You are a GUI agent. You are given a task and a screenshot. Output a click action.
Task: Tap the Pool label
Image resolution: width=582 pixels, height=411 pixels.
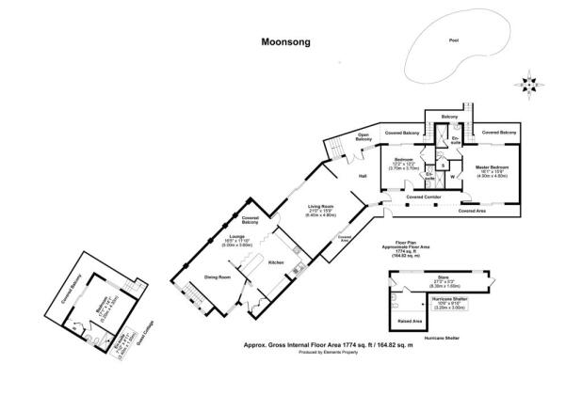tap(455, 40)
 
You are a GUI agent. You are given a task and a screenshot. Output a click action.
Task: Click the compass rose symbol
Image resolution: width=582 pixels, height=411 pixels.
tap(532, 84)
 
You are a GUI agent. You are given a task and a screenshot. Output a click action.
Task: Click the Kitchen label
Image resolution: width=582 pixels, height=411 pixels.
tap(277, 261)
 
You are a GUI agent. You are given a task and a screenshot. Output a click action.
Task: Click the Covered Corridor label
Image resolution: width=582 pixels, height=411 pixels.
tap(426, 197)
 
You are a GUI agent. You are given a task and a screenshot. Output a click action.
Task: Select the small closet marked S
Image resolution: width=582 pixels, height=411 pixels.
tap(443, 166)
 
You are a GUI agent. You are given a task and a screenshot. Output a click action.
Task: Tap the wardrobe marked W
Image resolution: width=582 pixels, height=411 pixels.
tap(453, 176)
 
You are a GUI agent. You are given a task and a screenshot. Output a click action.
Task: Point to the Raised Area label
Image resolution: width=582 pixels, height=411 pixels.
tap(412, 321)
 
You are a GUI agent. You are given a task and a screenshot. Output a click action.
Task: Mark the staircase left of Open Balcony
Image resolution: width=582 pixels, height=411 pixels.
tap(332, 149)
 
